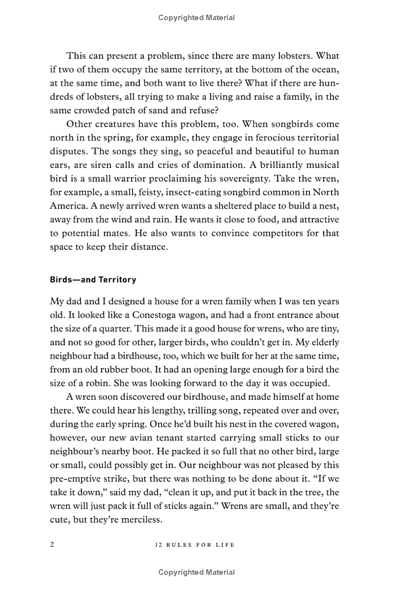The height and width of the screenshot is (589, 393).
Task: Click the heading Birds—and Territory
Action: click(93, 280)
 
